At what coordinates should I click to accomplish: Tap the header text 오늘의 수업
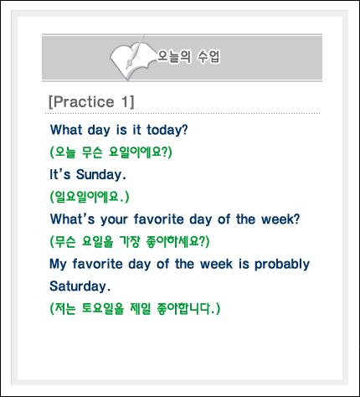188,57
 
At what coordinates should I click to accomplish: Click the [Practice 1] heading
91,101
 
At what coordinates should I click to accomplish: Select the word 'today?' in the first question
167,130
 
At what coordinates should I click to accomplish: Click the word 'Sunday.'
101,175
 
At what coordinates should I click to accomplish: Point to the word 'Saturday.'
80,286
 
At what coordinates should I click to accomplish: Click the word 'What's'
73,219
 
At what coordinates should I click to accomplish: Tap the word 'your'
114,220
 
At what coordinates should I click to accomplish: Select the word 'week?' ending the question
280,219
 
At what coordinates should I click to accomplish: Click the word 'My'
58,265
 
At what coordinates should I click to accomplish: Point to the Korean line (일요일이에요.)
90,197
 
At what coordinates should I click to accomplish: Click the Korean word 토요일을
103,308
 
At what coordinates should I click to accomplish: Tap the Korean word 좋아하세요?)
177,241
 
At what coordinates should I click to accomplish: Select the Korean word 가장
130,241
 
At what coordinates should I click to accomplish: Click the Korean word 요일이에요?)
140,152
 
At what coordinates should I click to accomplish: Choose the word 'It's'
60,174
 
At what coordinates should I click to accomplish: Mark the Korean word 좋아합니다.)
188,308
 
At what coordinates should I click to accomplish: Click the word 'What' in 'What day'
66,130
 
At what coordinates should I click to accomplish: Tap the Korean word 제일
140,308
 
